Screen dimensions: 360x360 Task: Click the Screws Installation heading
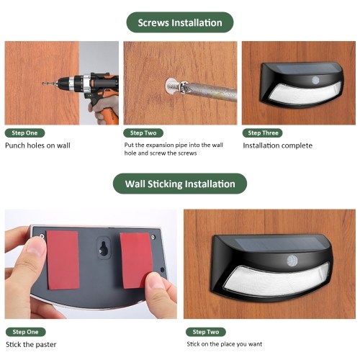pos(180,22)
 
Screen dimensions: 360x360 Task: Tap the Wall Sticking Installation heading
pos(180,184)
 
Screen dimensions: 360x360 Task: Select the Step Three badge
pos(262,133)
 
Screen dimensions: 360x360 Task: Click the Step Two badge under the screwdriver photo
pos(143,133)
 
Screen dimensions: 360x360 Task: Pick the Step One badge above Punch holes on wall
pos(24,133)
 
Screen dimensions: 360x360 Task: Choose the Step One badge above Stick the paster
pos(25,332)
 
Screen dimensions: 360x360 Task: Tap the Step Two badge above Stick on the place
pos(206,332)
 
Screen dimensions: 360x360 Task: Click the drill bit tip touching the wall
pos(42,84)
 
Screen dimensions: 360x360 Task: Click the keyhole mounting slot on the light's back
pos(104,248)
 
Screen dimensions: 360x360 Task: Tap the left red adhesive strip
pos(63,260)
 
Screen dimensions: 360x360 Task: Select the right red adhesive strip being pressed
pos(136,261)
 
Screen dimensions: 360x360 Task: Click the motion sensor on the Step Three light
pos(315,81)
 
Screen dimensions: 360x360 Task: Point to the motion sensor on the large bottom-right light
pos(292,261)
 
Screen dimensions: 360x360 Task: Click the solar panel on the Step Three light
pos(307,68)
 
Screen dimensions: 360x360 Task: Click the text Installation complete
pos(278,145)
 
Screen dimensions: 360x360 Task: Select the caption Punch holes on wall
pos(37,145)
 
